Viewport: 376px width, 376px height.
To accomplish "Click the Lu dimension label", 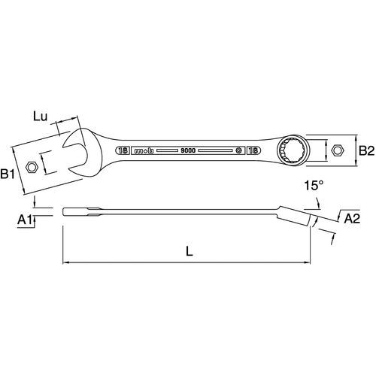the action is point(40,117).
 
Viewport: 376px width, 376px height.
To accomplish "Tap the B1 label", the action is point(8,174).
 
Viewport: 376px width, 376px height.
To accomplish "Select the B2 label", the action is point(366,151).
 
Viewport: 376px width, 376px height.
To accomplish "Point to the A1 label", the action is point(26,220).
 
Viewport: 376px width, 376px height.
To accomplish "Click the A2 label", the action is point(352,219).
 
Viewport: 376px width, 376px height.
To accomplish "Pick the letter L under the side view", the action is point(190,251).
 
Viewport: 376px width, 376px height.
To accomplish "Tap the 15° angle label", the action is point(314,186).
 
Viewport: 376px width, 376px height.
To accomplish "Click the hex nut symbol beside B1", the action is point(32,167).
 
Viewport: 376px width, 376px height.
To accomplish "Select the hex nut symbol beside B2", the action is point(338,150).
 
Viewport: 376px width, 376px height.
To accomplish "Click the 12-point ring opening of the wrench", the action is point(293,150).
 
